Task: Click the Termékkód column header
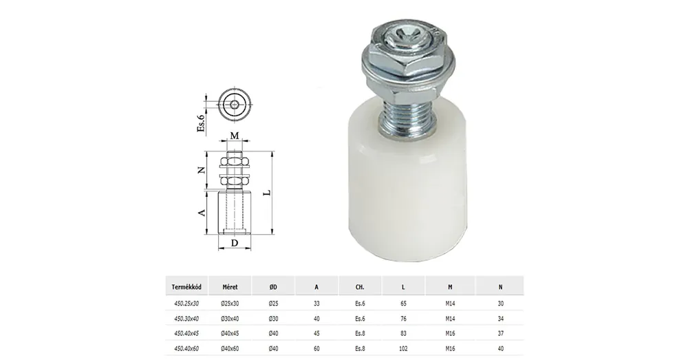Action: click(186, 287)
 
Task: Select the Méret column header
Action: click(230, 287)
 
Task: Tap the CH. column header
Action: click(360, 287)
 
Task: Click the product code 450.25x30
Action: click(186, 304)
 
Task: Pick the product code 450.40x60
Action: click(186, 348)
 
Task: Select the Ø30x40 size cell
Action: click(230, 319)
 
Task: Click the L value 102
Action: click(403, 348)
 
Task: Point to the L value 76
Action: click(403, 319)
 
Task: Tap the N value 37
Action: click(501, 334)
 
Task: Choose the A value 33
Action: click(316, 304)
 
